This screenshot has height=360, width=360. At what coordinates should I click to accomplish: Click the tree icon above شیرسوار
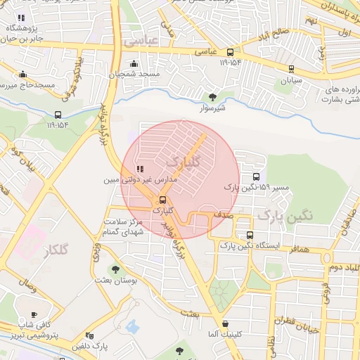tap(213, 97)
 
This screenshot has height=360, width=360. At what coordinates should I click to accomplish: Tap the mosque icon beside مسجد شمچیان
tap(134, 64)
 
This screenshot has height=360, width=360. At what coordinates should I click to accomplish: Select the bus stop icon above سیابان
tap(291, 69)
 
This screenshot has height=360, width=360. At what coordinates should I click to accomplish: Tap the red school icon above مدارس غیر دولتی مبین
tap(140, 169)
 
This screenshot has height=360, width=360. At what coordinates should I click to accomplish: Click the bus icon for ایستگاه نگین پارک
tap(250, 236)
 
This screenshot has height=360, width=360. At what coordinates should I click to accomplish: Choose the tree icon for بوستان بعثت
tap(115, 269)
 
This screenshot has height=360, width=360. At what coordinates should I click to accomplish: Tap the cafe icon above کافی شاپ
tap(34, 314)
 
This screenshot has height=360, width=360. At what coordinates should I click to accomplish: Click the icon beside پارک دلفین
tap(89, 336)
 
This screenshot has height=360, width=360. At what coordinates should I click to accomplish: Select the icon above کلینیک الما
tap(225, 324)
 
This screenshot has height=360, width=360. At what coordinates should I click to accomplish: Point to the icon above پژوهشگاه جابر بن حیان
tap(21, 18)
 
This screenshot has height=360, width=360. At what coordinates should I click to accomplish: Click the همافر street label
tap(298, 250)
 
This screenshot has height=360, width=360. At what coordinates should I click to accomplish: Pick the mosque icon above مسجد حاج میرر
tap(22, 75)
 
